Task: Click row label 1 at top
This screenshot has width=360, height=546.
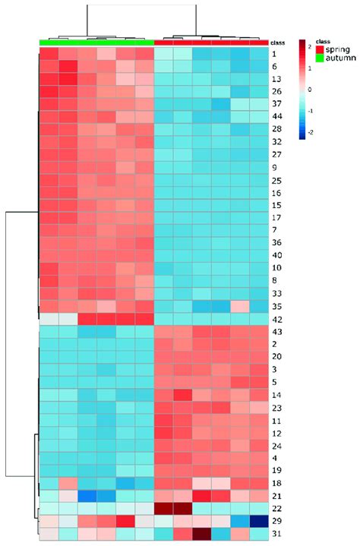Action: point(274,55)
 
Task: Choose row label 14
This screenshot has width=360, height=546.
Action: point(276,395)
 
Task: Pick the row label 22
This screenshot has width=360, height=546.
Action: point(276,507)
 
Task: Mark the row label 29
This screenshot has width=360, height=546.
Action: point(276,521)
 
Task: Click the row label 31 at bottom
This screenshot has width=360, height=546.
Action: point(276,535)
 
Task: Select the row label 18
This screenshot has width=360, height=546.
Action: point(276,483)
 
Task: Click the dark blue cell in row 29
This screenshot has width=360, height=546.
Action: point(260,521)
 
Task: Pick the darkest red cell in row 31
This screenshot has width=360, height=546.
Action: point(202,535)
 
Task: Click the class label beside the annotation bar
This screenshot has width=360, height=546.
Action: point(277,43)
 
